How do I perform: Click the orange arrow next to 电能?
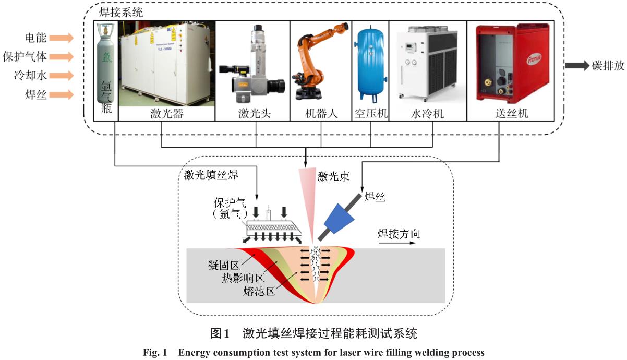coord(63,38)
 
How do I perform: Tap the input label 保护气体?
coord(25,56)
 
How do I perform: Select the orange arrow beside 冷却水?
coord(63,76)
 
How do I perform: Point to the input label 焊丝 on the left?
coord(35,94)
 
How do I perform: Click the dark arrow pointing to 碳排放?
coord(576,66)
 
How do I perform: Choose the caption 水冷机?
coord(427,113)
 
